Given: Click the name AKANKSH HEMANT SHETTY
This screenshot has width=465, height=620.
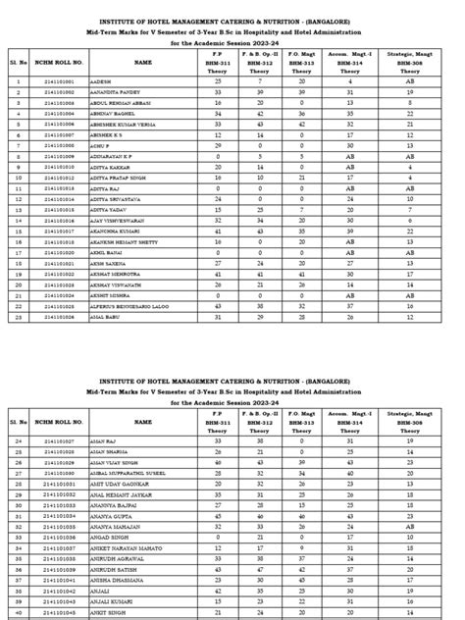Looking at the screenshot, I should coord(122,240).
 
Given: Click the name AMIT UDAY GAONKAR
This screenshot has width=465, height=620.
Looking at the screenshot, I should coord(117,484).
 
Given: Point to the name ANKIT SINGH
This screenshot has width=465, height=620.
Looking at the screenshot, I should coord(107,611).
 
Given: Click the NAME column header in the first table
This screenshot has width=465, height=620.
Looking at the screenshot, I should coord(143,62).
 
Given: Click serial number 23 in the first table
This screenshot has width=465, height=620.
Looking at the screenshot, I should coord(18,316).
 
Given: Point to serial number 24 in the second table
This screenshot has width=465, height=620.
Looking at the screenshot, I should coord(18,441).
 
